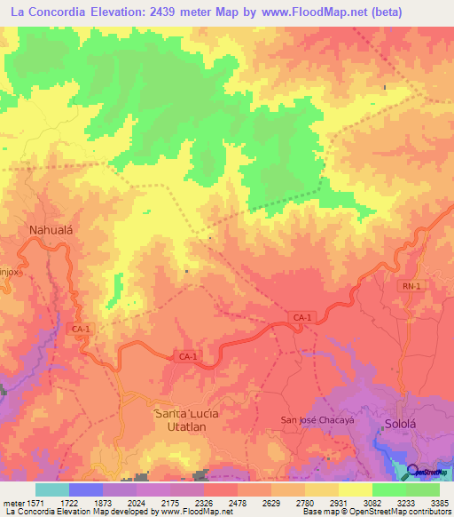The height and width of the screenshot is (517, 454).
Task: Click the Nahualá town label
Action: coord(50,229)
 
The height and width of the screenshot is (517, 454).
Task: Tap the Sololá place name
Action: coord(400,425)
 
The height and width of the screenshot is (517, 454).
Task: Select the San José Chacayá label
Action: coord(317,419)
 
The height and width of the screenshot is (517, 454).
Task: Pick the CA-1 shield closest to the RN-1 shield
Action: coord(302,317)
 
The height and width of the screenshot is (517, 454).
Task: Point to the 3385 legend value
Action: coord(439,502)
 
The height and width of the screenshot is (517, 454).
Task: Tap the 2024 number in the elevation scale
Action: coord(137,502)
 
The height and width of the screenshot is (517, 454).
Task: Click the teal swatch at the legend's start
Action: coord(51,489)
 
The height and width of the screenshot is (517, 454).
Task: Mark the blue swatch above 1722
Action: coord(85,489)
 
